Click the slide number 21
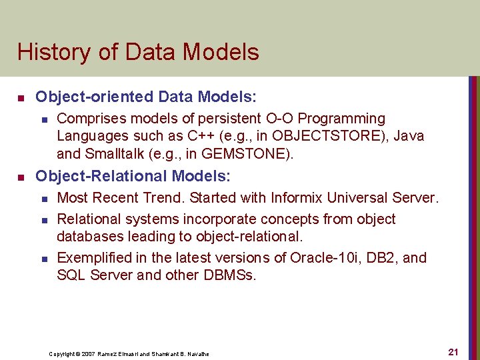point(453,352)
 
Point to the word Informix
point(297,198)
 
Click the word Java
point(409,137)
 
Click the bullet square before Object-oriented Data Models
point(21,97)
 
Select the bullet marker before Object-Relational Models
point(21,177)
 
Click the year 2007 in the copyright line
point(87,353)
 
